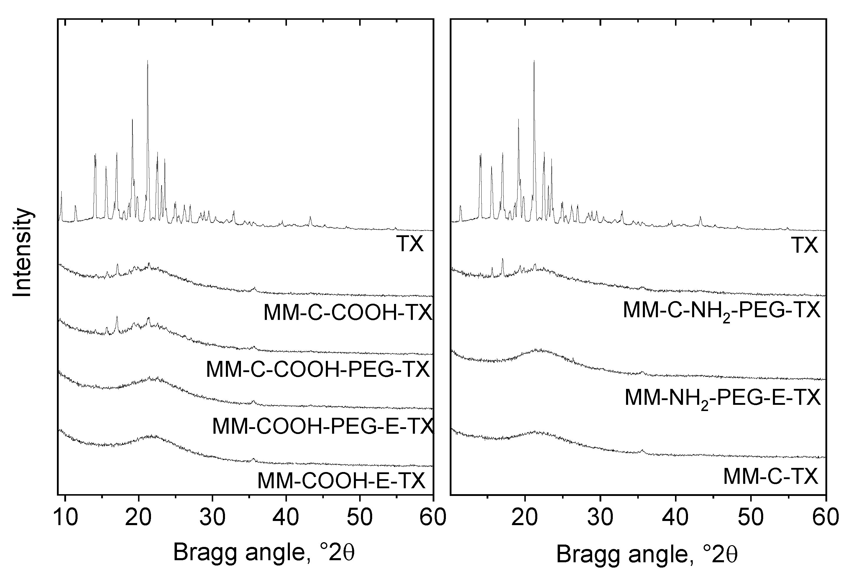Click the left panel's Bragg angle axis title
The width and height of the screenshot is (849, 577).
(264, 553)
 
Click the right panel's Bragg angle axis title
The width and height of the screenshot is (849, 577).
(647, 554)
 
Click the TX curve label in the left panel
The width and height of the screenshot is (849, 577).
(410, 244)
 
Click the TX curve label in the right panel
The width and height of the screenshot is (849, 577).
(804, 245)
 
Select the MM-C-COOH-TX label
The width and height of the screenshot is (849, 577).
(348, 313)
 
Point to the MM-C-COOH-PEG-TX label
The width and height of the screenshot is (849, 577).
(318, 369)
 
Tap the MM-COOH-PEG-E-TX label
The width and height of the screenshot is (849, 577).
(323, 426)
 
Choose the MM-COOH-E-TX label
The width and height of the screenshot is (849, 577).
(341, 481)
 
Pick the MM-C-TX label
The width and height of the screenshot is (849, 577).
(771, 476)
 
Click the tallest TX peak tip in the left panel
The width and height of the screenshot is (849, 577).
(147, 61)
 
